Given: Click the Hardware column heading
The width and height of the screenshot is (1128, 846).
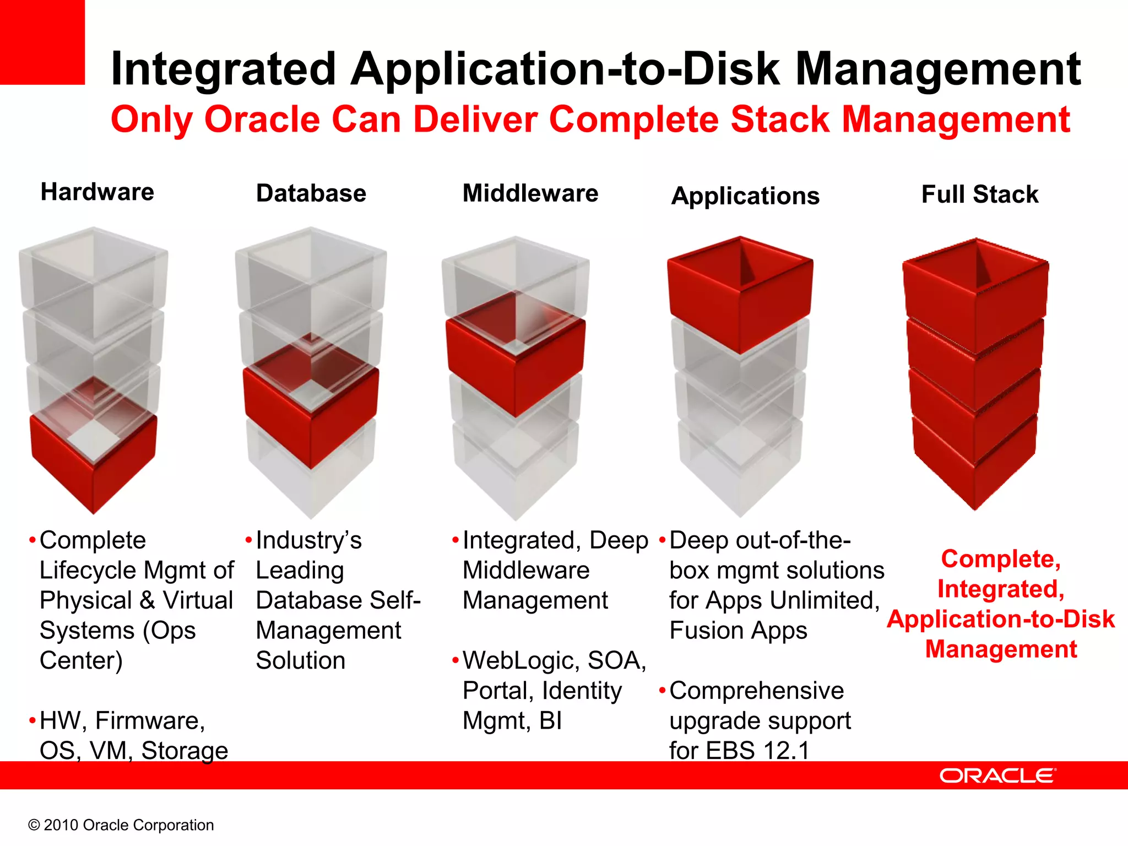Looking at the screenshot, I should [97, 192].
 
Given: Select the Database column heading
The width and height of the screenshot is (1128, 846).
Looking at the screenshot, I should [311, 193].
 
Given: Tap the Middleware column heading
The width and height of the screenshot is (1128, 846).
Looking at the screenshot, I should [530, 193].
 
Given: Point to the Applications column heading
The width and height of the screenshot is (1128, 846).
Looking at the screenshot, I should [745, 196].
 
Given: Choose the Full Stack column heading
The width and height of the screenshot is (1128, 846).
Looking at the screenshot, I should [980, 194].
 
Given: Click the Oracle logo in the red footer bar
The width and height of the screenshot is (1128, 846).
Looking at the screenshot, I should [997, 775].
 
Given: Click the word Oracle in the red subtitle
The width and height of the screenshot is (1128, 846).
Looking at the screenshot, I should [262, 120].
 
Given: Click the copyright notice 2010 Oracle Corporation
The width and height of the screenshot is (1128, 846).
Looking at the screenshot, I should [121, 825].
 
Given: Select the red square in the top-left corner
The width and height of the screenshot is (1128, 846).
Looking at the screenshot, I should [42, 42].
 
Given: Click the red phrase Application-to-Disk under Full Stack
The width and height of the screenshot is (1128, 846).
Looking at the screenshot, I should [1001, 619].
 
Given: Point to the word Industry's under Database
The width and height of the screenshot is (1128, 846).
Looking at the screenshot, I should [309, 540].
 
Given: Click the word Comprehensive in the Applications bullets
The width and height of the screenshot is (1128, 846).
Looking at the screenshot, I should [756, 691].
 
